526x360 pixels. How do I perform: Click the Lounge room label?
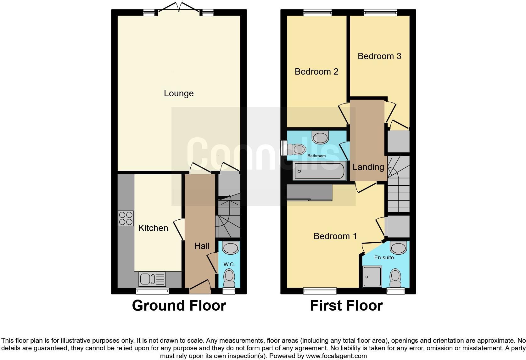pos(179,93)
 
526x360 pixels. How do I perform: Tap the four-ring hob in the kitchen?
pos(126,218)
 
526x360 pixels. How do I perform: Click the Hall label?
pos(202,246)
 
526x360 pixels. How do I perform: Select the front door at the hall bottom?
pos(200,287)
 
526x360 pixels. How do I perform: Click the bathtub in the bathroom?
pos(319,171)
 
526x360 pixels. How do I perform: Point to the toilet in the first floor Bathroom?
pos(296,149)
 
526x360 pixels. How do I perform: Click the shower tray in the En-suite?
pos(372,276)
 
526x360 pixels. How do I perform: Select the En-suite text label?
pos(384,257)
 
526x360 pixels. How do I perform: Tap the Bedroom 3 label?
pos(379,56)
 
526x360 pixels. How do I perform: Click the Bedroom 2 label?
pos(316,72)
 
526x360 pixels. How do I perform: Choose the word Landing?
pos(368,167)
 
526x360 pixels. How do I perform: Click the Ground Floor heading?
pos(179,306)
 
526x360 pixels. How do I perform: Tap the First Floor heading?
pos(346,306)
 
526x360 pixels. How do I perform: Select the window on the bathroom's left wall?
pos(283,148)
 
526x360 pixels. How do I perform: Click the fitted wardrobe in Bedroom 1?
pos(310,193)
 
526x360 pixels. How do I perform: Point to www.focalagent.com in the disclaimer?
pos(336,356)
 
